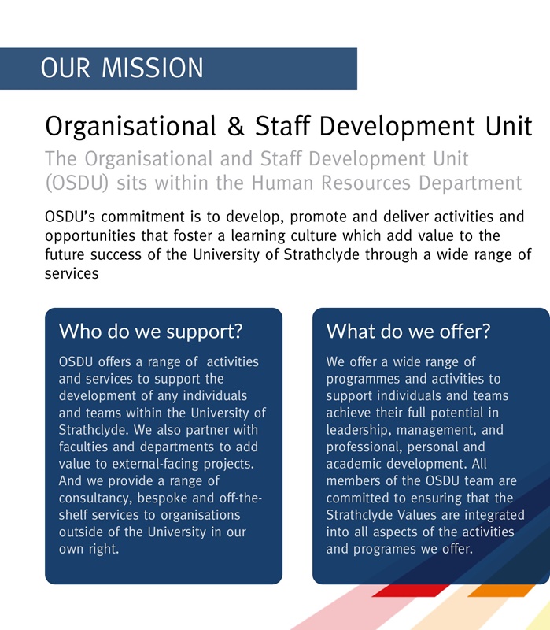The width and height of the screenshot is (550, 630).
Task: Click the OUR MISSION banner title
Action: click(122, 68)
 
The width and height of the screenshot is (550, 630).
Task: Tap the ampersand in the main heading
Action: click(231, 126)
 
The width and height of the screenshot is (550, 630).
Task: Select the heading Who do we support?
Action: click(150, 331)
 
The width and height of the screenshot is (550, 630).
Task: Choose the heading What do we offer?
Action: click(408, 331)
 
